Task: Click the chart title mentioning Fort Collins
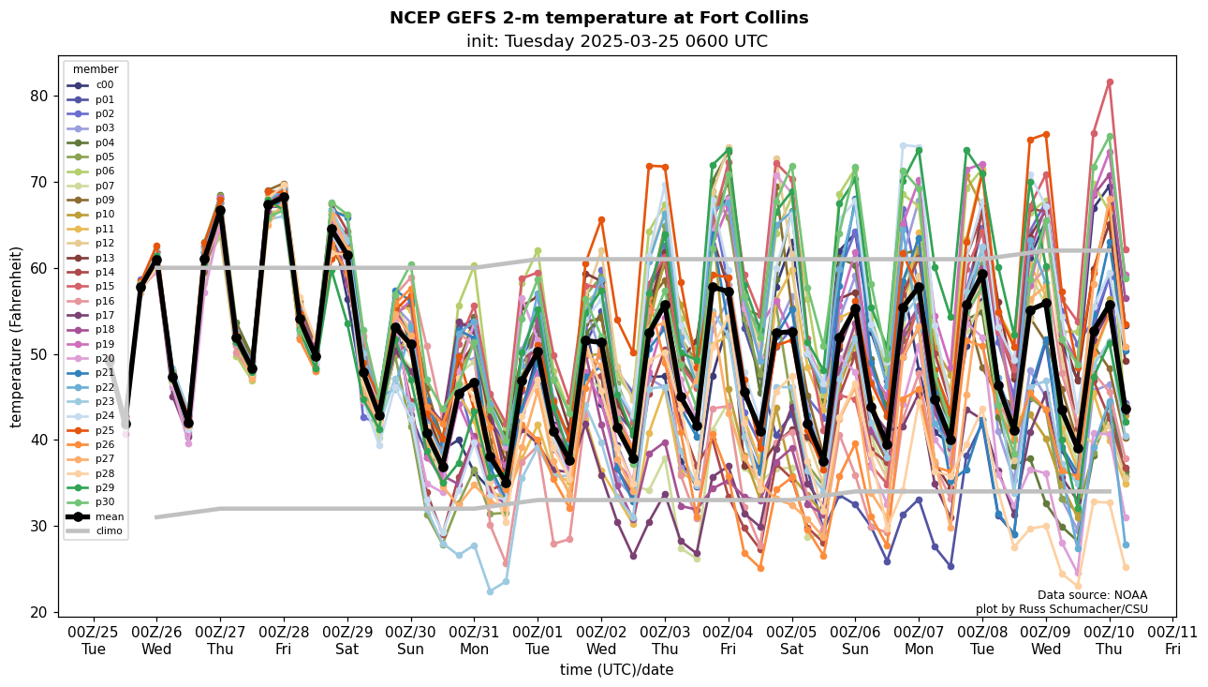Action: [598, 18]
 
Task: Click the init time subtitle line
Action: [616, 41]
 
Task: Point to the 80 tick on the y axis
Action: [42, 96]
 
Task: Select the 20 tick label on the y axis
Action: [42, 612]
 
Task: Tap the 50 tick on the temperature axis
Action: [42, 354]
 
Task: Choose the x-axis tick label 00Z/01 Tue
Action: [538, 639]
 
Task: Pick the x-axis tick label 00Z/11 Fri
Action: [1173, 639]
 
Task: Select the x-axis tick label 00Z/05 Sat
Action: [791, 639]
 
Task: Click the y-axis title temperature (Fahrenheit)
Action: [17, 336]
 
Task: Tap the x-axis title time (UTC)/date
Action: [616, 670]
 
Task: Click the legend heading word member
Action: [96, 69]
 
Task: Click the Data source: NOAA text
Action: [1092, 595]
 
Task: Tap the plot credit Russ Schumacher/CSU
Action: [1061, 609]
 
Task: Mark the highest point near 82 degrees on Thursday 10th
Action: [1110, 82]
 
